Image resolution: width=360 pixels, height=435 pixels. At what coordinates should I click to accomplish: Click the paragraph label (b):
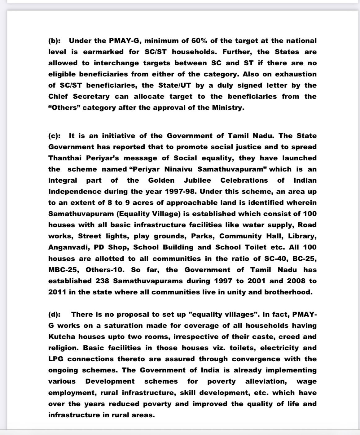(x=55, y=41)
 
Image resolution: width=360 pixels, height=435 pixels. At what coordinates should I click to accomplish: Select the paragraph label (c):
(x=55, y=136)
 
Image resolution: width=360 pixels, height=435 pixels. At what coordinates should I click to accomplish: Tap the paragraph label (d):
(x=55, y=315)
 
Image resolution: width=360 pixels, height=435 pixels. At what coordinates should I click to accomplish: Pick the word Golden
(x=161, y=181)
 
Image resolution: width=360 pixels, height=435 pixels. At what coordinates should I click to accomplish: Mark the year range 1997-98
(x=180, y=192)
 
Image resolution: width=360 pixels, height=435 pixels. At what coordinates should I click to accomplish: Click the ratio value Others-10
(x=105, y=270)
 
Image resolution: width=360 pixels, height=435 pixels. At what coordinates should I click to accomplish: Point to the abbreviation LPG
(x=56, y=359)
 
